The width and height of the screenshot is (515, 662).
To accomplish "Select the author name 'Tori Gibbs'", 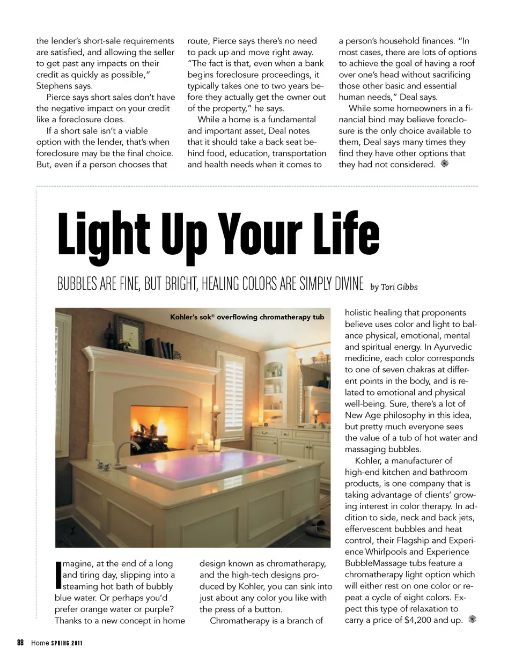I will coord(399,287).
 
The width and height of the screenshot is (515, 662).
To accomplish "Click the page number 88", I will coord(20,643).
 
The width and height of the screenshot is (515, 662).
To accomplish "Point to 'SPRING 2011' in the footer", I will coord(67,643).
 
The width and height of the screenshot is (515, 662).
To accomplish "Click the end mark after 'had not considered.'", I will coord(444,164).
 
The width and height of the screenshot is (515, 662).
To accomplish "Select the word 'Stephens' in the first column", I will coord(54,86).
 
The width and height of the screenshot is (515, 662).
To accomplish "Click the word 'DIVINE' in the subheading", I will coord(349,284).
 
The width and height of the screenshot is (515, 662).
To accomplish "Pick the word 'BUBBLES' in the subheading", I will coord(77,284).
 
